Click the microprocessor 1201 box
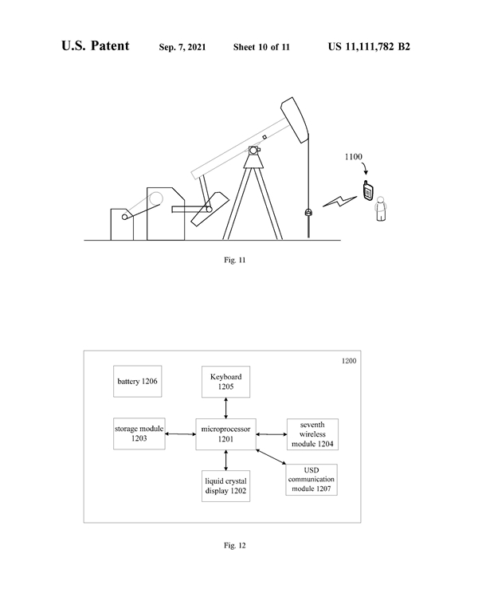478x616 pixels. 227,434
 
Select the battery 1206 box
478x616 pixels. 137,382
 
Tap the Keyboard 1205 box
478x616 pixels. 226,382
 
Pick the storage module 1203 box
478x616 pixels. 139,434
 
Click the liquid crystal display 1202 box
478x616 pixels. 226,486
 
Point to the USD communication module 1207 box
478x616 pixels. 311,480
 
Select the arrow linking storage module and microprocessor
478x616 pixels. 181,434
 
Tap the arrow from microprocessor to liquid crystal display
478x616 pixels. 227,461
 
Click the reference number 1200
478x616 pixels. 348,361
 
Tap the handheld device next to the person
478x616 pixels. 367,192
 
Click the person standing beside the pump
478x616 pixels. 381,209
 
